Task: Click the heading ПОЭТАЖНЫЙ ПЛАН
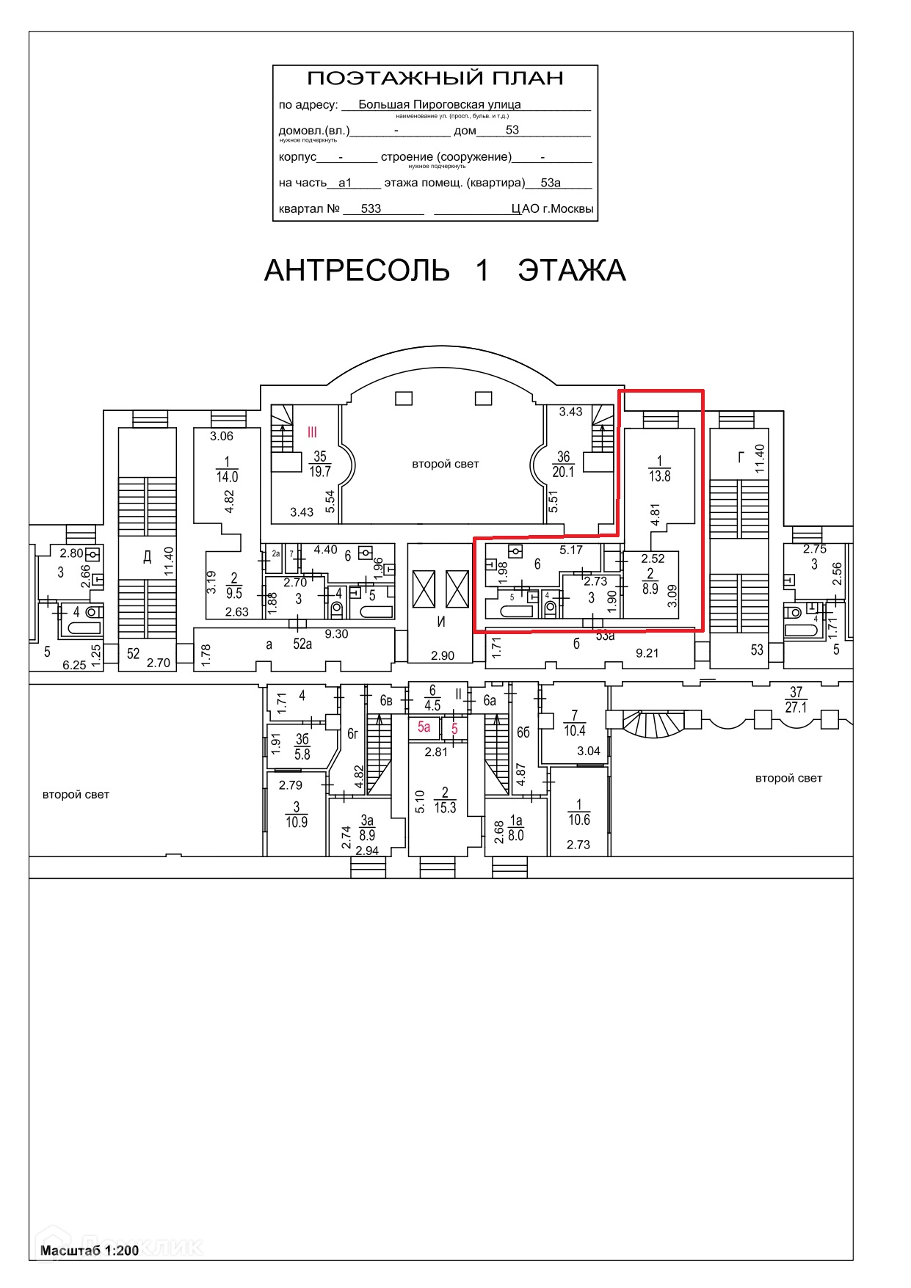[x=435, y=78]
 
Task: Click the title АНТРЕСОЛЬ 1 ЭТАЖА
[x=445, y=271]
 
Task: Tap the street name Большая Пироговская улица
[x=439, y=105]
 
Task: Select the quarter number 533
[x=371, y=208]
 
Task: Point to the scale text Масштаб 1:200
[x=90, y=1251]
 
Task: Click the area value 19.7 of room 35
[x=320, y=472]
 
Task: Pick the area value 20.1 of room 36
[x=563, y=473]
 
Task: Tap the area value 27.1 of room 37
[x=796, y=708]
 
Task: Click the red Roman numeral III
[x=312, y=432]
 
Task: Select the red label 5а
[x=424, y=727]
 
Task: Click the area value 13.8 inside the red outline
[x=659, y=476]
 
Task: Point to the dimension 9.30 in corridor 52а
[x=336, y=634]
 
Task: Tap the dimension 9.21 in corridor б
[x=647, y=652]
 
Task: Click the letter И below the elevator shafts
[x=441, y=622]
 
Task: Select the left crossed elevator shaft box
[x=424, y=589]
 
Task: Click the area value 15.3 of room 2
[x=445, y=807]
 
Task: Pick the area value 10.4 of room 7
[x=575, y=731]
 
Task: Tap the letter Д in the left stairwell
[x=147, y=556]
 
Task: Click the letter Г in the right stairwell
[x=741, y=458]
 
